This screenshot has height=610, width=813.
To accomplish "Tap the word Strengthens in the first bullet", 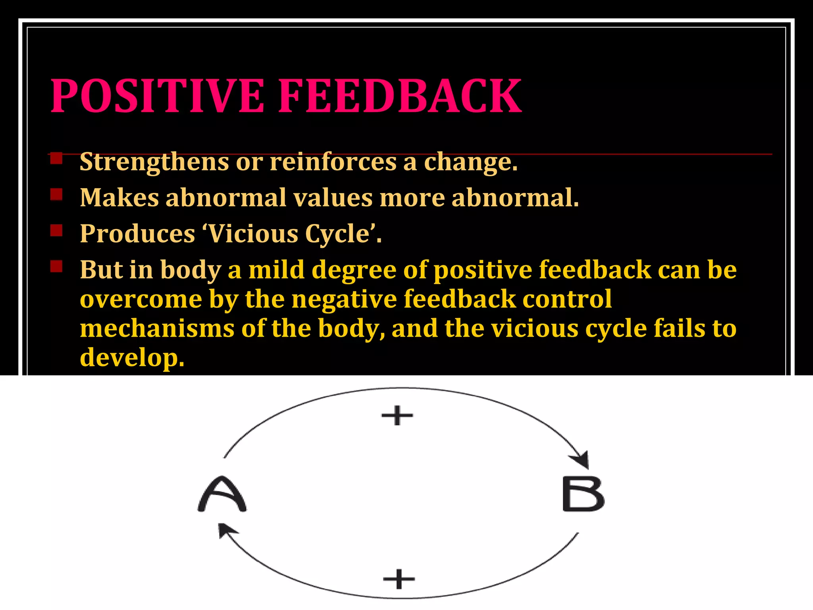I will (x=154, y=162).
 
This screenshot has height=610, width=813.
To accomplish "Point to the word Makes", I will (x=119, y=197).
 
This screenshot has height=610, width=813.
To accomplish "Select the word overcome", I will (x=141, y=299).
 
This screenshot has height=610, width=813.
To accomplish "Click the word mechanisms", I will (x=157, y=329).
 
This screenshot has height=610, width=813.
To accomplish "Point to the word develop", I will (x=132, y=357).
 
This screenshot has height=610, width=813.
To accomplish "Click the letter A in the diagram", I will (x=222, y=494).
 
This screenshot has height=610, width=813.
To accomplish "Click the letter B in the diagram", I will (x=583, y=494).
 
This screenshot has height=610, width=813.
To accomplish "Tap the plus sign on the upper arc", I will (x=397, y=415).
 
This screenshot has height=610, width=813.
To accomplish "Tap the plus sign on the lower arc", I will (x=399, y=579).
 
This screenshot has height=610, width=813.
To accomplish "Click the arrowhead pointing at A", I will (x=225, y=529).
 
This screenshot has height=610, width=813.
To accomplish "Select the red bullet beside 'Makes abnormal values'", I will (x=56, y=195).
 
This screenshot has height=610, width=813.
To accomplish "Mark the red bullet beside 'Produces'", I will (x=56, y=230).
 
